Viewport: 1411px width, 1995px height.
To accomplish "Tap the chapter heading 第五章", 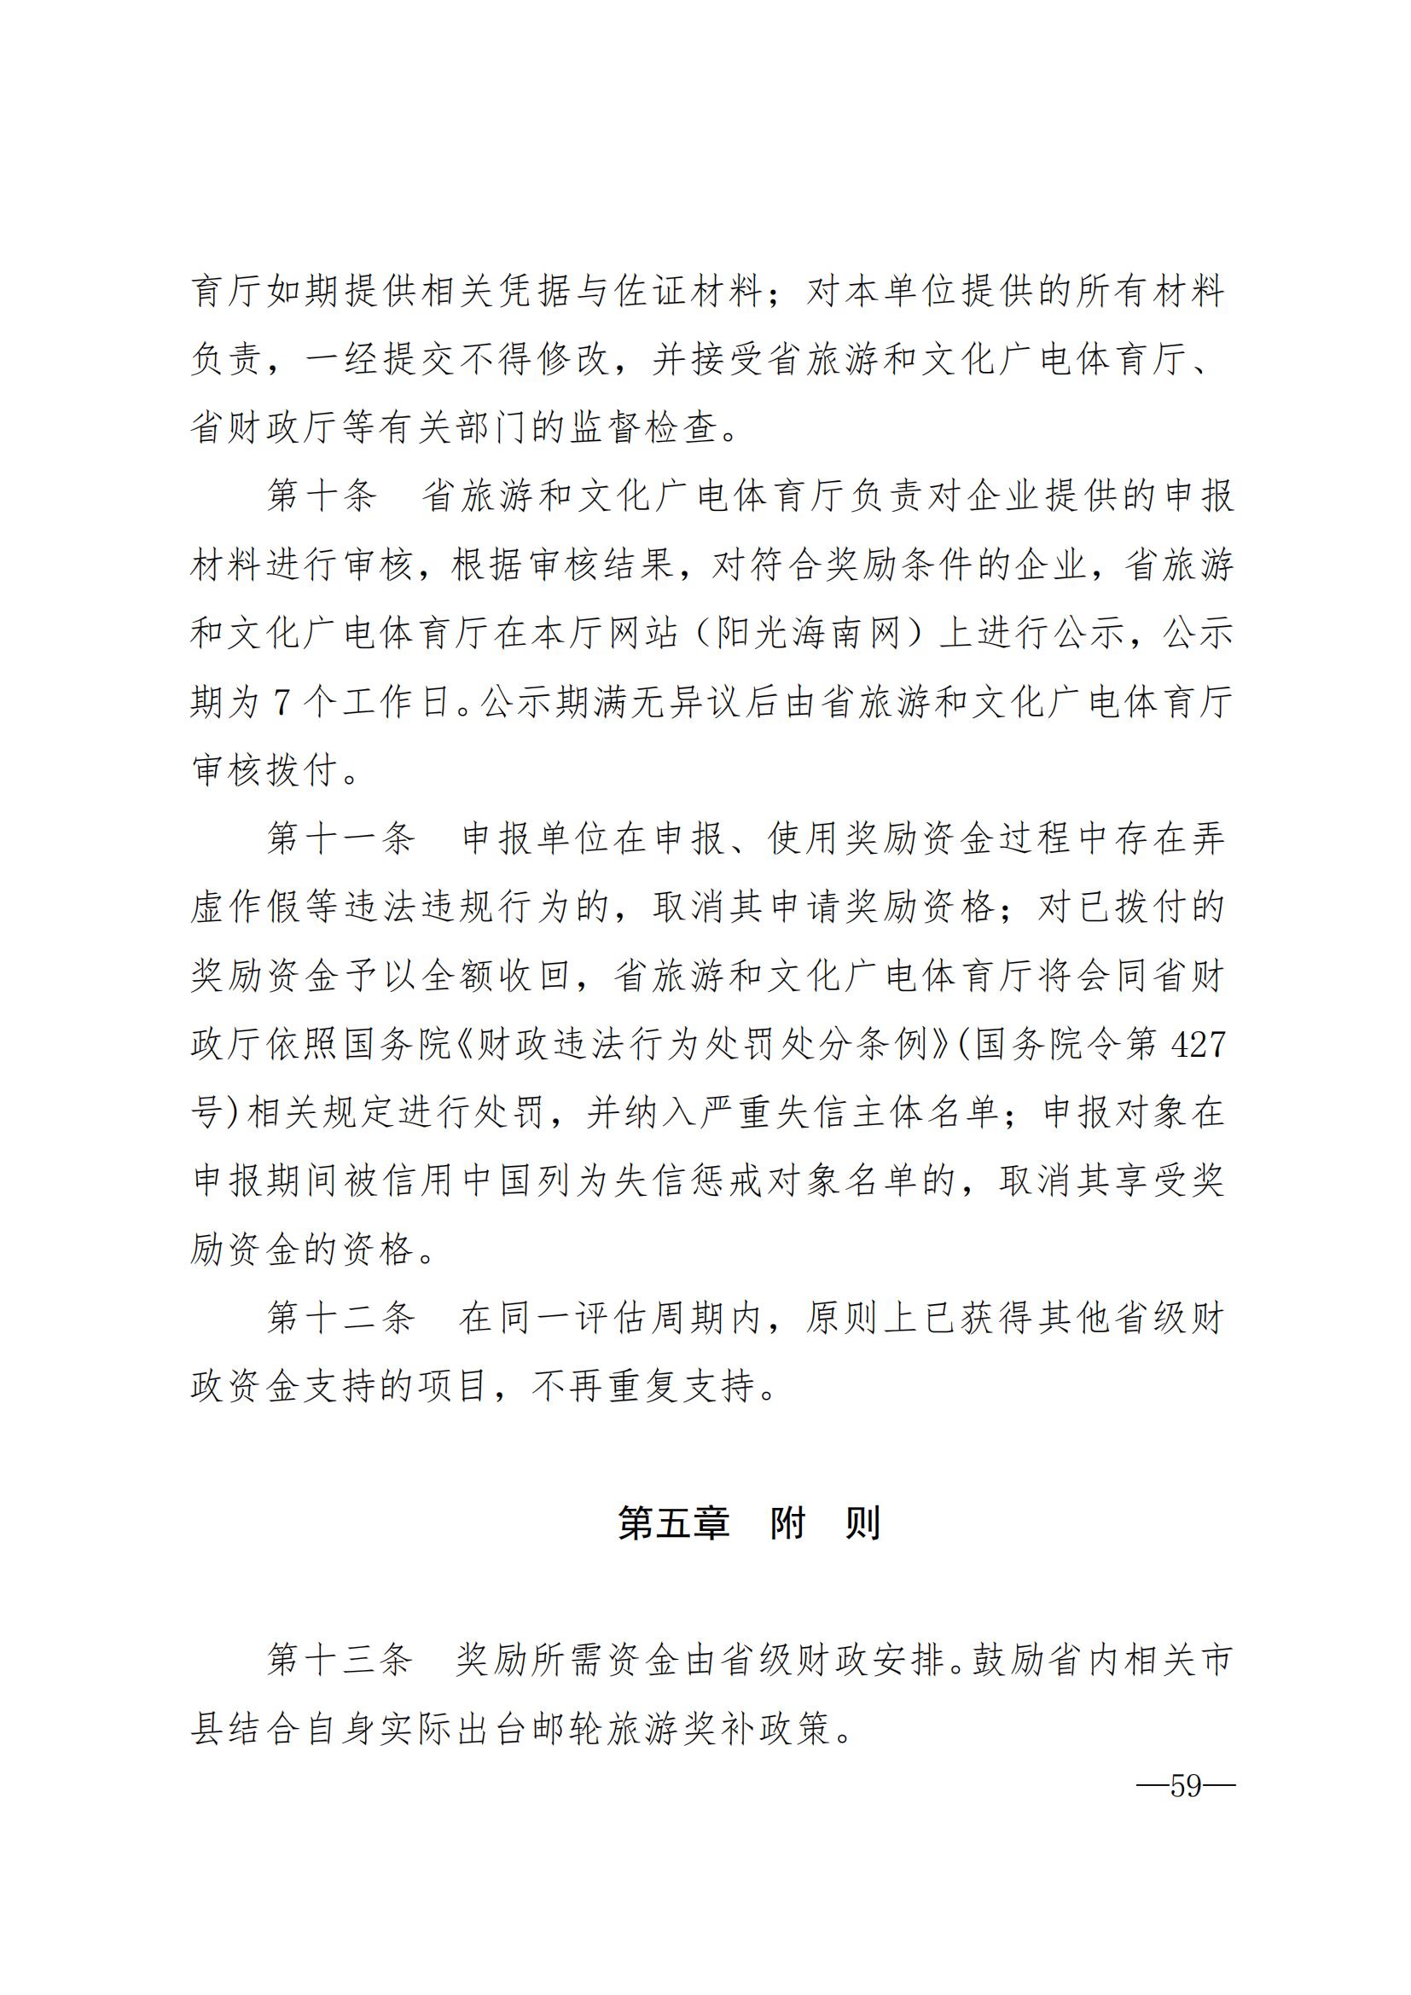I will point(673,1523).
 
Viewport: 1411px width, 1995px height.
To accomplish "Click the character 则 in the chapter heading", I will point(862,1523).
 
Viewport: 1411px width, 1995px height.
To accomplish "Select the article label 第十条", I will point(322,496).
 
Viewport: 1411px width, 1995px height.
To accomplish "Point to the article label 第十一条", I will point(340,838).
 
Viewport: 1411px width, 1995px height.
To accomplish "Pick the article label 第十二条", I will point(340,1318).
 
